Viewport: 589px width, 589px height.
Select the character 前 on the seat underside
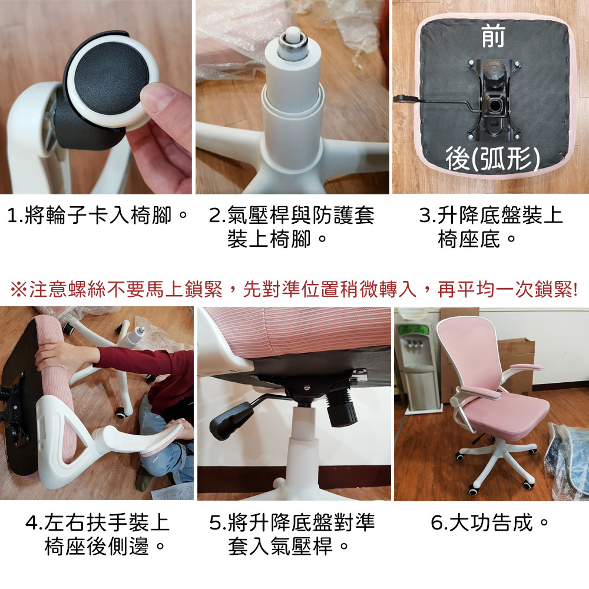[x=493, y=37]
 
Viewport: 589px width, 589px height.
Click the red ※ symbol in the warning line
[x=19, y=290]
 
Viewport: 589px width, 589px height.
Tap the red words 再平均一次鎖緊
[x=507, y=290]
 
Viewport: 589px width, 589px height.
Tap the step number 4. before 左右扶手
[x=33, y=523]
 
